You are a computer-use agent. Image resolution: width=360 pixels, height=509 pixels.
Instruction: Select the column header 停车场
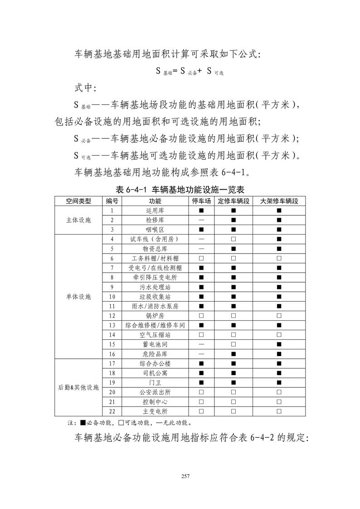point(201,201)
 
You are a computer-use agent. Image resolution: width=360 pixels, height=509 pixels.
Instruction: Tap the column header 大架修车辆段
point(279,201)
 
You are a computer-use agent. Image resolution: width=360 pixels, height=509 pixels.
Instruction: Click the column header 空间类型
point(78,201)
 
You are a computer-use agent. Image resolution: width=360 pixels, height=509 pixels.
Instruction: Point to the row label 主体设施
point(78,220)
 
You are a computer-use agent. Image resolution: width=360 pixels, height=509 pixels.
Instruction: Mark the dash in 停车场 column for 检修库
point(201,220)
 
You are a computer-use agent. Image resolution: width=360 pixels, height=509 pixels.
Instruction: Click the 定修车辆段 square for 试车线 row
point(234,239)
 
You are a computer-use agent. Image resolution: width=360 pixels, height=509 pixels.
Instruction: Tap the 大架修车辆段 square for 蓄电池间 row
point(279,344)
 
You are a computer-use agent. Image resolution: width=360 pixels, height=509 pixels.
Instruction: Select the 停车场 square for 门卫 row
point(201,382)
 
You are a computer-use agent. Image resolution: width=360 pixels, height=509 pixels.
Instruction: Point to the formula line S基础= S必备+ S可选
point(190,71)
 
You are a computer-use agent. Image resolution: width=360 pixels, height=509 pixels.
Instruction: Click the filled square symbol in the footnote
point(83,423)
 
